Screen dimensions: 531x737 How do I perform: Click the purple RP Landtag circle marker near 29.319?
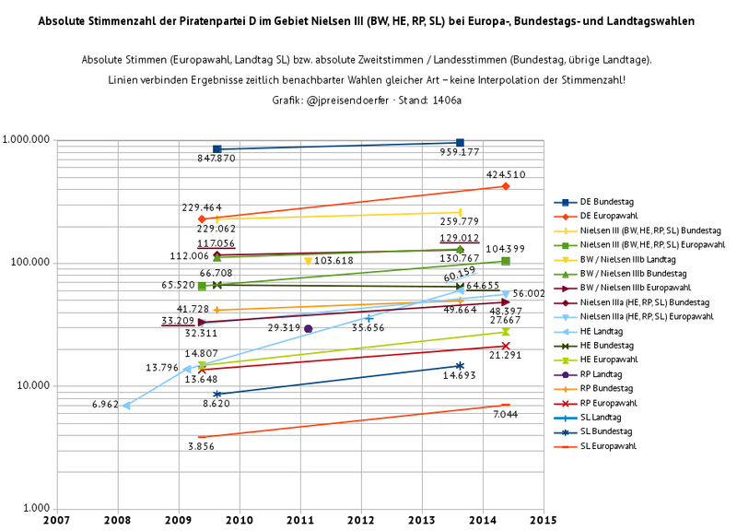pos(309,328)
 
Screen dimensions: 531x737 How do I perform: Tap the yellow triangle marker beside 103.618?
pos(308,262)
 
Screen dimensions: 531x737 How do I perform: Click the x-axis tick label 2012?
pos(360,520)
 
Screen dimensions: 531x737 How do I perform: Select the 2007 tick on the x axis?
pos(57,520)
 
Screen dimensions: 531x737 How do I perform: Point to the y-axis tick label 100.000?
pos(29,263)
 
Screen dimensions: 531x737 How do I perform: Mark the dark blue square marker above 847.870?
pos(216,148)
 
